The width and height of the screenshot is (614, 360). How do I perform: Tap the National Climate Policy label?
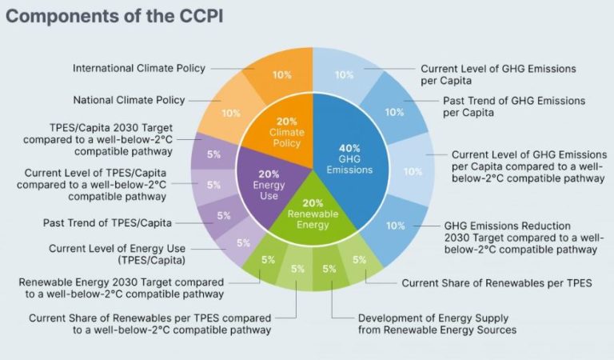tap(129, 100)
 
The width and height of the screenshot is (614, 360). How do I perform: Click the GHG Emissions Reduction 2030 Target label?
tap(520, 238)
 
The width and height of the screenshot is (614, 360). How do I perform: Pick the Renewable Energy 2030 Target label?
tap(122, 287)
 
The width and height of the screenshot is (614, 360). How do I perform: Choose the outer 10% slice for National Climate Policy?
tap(230, 113)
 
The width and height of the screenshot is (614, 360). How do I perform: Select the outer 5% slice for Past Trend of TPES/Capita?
tap(224, 216)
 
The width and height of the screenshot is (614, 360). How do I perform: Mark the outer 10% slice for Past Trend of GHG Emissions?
tap(393, 113)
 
